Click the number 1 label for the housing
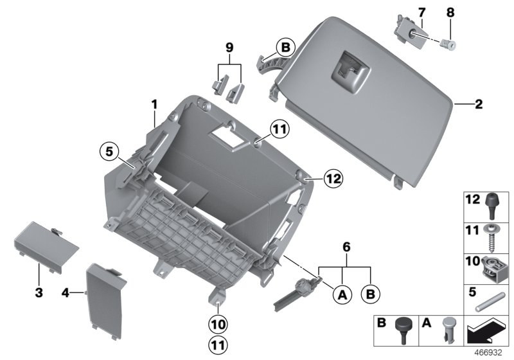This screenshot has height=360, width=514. coord(154,104)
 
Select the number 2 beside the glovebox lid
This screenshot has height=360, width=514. coord(477,103)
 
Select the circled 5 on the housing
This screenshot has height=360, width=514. coord(109,152)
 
